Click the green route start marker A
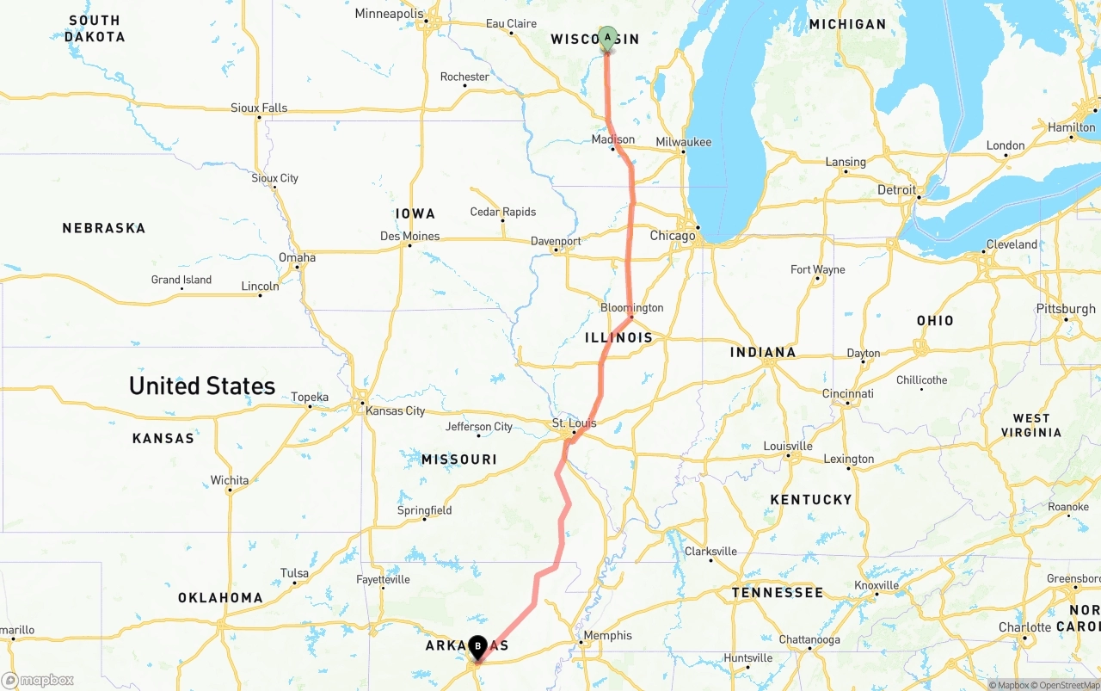607,39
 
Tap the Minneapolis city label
390,14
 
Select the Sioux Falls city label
259,108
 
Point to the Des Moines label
409,236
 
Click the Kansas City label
395,410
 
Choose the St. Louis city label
574,423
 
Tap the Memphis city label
607,636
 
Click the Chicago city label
673,235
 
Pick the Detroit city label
896,189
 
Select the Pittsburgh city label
1067,309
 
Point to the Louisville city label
788,446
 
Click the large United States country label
202,386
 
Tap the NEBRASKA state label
104,228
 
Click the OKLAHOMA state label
220,597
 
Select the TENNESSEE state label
777,592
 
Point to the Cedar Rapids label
503,212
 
